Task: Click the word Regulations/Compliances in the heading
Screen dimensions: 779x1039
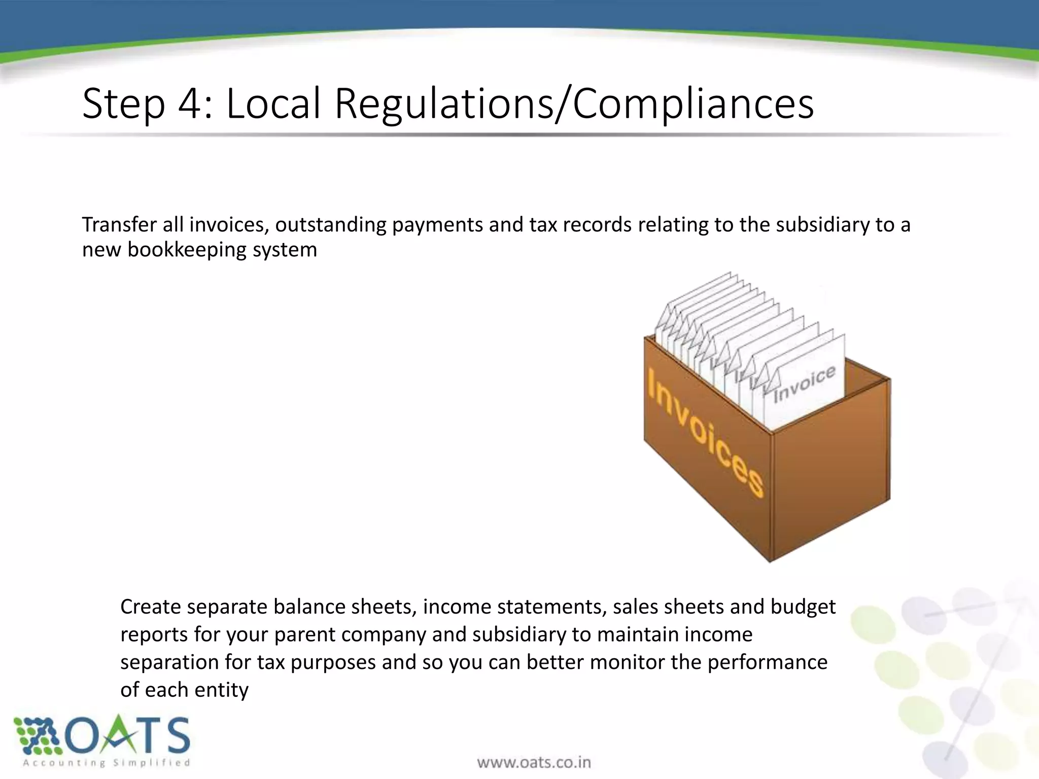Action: [x=574, y=104]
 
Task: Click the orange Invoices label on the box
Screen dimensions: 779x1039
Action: [x=706, y=431]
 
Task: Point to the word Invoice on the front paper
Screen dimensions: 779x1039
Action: [x=804, y=384]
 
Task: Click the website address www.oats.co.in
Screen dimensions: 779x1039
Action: [x=534, y=762]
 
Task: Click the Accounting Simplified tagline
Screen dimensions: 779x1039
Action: [x=107, y=762]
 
